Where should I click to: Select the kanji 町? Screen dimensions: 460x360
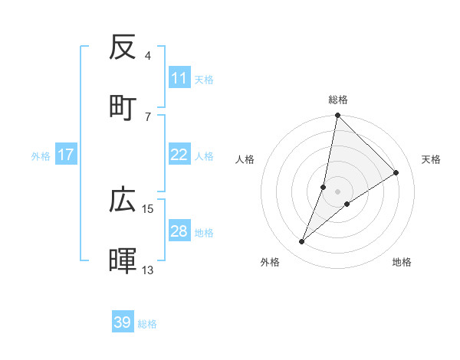click(123, 107)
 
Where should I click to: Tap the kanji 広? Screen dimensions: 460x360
click(123, 201)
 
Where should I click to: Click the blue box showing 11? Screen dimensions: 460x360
click(179, 78)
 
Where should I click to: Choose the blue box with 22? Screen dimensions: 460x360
click(179, 155)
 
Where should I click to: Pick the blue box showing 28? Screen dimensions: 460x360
click(179, 231)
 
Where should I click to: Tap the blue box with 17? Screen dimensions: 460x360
click(66, 155)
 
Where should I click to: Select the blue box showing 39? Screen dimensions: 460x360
click(123, 322)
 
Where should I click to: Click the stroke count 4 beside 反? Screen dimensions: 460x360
click(148, 56)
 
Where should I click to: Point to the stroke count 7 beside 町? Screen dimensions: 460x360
click(148, 116)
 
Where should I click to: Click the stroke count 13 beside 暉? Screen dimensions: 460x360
click(148, 270)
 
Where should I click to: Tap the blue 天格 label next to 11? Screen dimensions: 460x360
click(204, 79)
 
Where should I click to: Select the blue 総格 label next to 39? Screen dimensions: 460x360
click(147, 323)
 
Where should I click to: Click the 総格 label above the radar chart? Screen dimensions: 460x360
click(338, 100)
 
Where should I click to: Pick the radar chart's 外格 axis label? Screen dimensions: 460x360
click(269, 263)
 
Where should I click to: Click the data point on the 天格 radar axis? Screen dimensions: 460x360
click(396, 172)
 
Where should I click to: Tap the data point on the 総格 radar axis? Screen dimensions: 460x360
click(337, 116)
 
